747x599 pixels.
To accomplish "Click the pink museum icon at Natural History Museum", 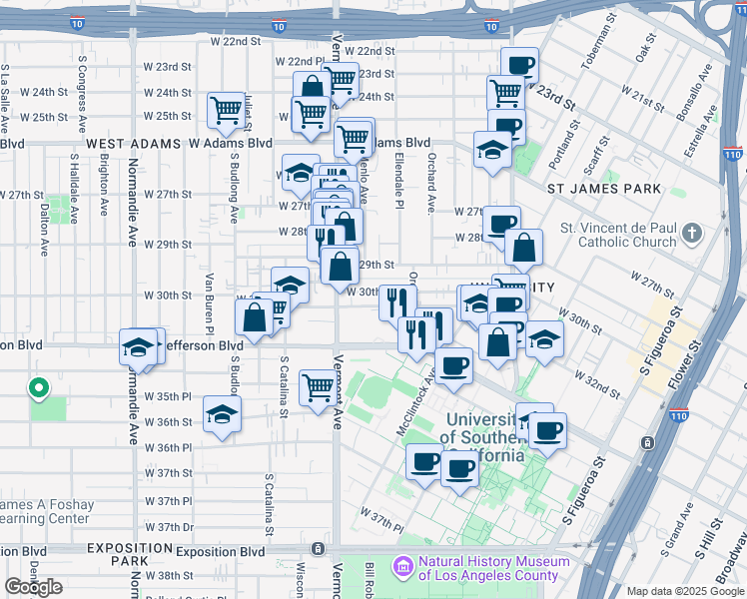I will [x=404, y=568].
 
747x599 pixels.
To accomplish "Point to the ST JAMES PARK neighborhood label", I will [x=604, y=189].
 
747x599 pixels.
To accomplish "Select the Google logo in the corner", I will [x=33, y=587].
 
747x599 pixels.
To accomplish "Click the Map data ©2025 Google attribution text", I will [x=685, y=592].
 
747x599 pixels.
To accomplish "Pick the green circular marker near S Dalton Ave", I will [x=39, y=387].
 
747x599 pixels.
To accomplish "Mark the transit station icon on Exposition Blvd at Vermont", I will [x=318, y=549].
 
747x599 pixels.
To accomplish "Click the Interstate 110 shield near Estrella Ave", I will [x=732, y=155].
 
